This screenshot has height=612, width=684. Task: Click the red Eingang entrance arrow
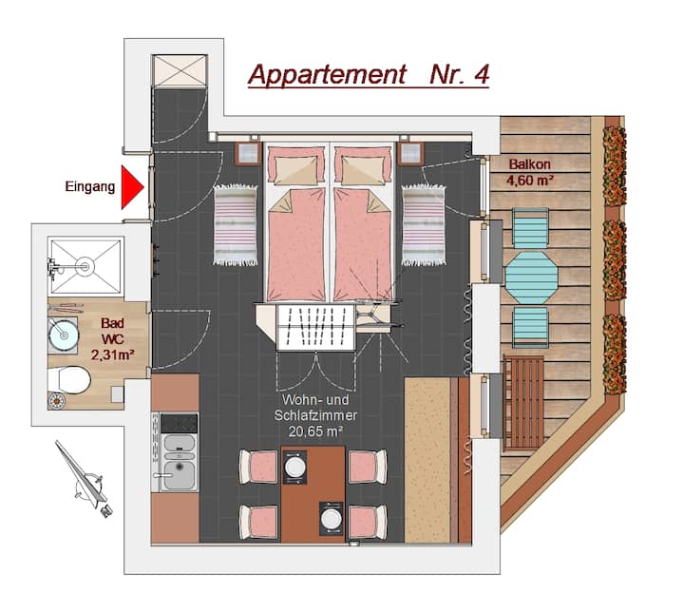coord(131,187)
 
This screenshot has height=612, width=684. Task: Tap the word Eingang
coord(90,187)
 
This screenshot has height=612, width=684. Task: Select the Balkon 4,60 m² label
coord(530,172)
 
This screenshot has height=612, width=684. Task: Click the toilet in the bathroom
coord(69,380)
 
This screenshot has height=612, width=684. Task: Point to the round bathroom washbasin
coord(64,335)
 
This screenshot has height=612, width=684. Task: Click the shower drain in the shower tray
coord(85,265)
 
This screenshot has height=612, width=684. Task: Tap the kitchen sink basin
coord(180,474)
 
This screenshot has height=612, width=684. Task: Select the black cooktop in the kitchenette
coord(179,424)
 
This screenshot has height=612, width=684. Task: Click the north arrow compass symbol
coord(85,479)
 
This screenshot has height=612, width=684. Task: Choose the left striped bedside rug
coord(236,224)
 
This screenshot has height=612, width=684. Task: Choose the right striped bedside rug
coord(424,224)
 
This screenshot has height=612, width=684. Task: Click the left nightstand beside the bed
coord(248,153)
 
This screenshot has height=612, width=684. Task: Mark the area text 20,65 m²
coord(315,431)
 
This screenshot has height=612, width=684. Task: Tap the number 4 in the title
coord(481,75)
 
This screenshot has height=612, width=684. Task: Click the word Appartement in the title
coord(327,75)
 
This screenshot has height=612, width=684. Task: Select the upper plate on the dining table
coord(294,468)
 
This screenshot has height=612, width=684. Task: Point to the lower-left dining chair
coord(258,522)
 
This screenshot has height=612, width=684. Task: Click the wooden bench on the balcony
coord(523,403)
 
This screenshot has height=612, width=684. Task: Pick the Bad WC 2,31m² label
coord(112,339)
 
